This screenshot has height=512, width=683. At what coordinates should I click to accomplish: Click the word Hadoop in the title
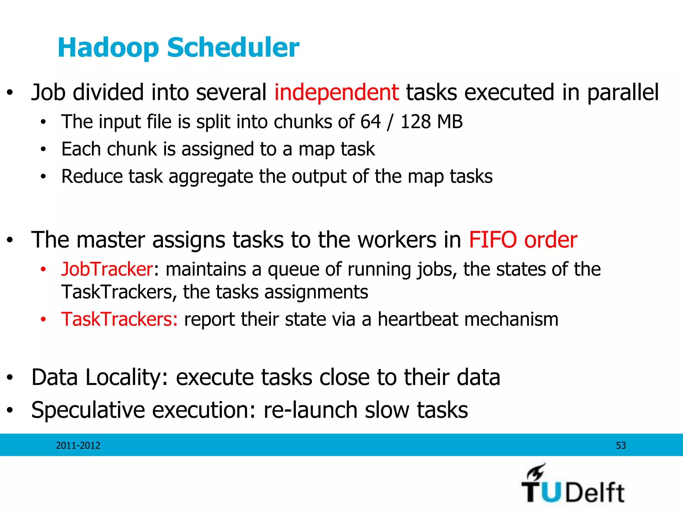click(108, 48)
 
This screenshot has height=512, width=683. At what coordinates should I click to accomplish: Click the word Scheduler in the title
click(233, 48)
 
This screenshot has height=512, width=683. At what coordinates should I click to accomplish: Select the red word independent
click(336, 92)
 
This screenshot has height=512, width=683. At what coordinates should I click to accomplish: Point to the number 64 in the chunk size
click(370, 122)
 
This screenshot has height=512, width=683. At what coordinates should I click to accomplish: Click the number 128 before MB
click(416, 122)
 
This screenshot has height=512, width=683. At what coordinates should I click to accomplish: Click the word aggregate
click(210, 177)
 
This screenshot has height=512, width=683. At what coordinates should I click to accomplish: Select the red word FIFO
click(493, 240)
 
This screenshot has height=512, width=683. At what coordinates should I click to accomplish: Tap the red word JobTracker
click(107, 269)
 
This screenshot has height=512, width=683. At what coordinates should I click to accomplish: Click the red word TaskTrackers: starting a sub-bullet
click(119, 319)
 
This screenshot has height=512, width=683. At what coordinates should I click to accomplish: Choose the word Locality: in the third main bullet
click(127, 377)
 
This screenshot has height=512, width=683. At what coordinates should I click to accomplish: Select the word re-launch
click(310, 410)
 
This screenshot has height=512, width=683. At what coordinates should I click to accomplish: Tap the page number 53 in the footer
click(621, 446)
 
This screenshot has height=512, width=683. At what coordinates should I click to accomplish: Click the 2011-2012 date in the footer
click(78, 446)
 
